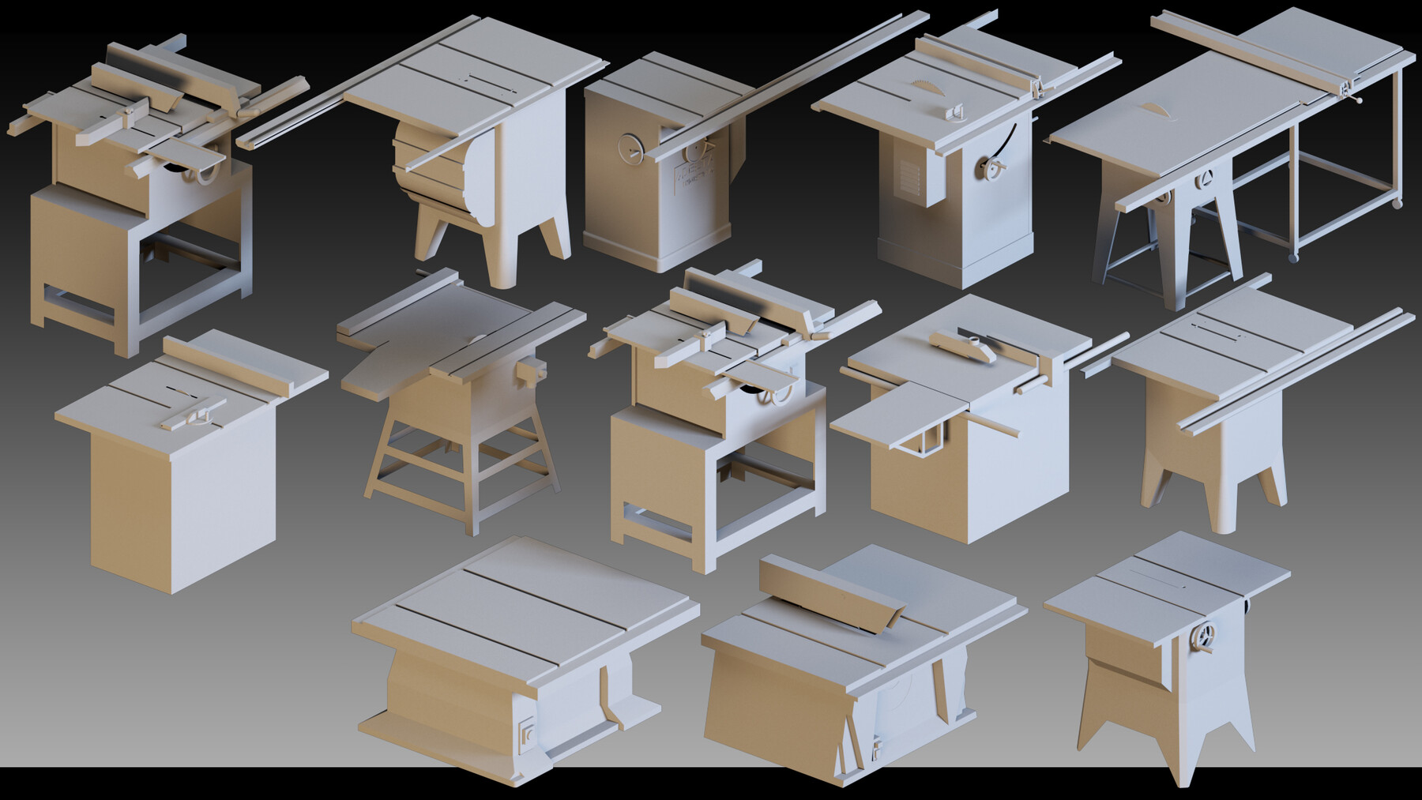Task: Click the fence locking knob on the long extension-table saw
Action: point(1358,100)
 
